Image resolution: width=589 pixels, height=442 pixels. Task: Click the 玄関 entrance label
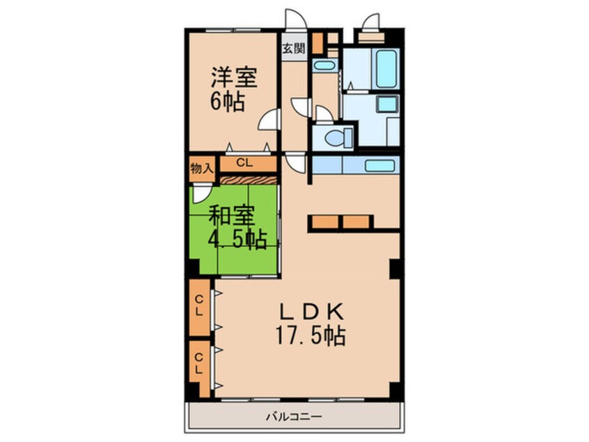[x=293, y=49]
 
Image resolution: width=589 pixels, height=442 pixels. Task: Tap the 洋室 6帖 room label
[x=229, y=89]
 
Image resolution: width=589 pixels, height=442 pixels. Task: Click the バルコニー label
[x=293, y=416]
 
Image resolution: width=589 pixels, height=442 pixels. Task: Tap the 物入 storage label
[x=201, y=167]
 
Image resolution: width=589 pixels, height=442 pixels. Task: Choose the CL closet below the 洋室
[x=244, y=164]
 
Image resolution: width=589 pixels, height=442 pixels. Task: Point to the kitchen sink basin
[x=379, y=166]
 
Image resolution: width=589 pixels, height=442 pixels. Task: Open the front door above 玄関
[x=293, y=21]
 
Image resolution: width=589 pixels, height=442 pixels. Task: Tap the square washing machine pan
[x=387, y=106]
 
